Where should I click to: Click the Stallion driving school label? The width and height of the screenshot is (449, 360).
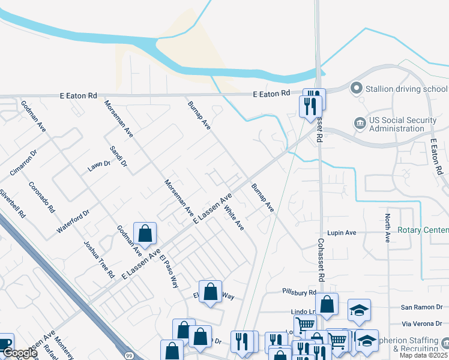(406, 89)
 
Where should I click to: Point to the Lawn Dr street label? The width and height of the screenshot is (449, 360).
(99, 166)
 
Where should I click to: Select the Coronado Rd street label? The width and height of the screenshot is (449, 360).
(41, 197)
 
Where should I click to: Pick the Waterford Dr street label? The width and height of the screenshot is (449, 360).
(73, 221)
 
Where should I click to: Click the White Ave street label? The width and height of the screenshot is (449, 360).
(234, 218)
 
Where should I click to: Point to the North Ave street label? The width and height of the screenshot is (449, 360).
(388, 228)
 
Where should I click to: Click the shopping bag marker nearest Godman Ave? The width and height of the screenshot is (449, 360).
(145, 233)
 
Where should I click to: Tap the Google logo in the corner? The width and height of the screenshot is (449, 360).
(19, 353)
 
